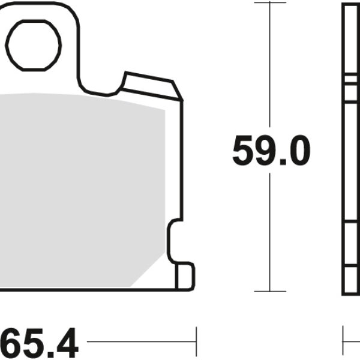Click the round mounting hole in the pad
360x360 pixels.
35,44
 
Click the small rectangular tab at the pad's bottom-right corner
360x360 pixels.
184,275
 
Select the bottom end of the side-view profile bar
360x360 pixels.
351,292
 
